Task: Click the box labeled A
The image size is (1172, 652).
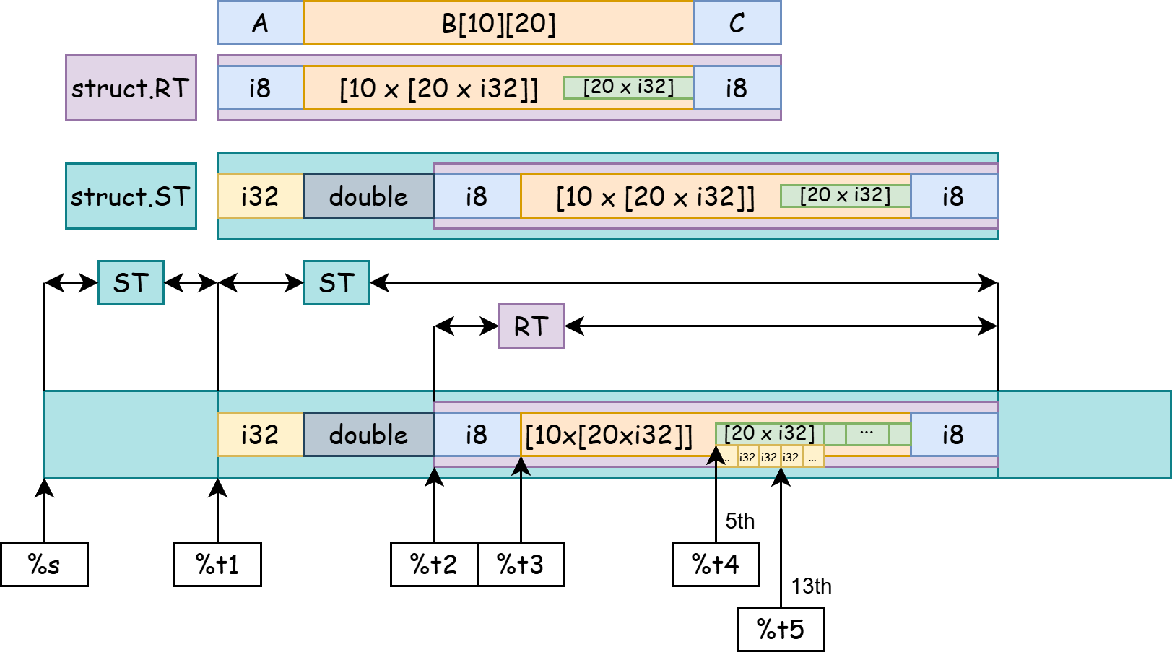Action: pyautogui.click(x=260, y=23)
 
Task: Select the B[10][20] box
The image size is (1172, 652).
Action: pyautogui.click(x=498, y=23)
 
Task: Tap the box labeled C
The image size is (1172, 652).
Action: pyautogui.click(x=737, y=23)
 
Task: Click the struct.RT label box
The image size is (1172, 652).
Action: pyautogui.click(x=131, y=88)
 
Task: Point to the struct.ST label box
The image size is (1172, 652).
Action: pyautogui.click(x=131, y=196)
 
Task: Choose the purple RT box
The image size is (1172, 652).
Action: pyautogui.click(x=531, y=326)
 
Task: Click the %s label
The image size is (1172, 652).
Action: pyautogui.click(x=44, y=564)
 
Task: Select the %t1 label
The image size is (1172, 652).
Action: pyautogui.click(x=217, y=564)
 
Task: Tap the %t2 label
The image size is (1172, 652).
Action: pyautogui.click(x=433, y=564)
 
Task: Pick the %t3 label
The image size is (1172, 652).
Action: pyautogui.click(x=520, y=564)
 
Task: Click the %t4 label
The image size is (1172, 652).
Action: pyautogui.click(x=716, y=564)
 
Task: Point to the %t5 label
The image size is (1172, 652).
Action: pyautogui.click(x=781, y=629)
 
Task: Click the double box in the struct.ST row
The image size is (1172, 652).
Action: pyautogui.click(x=368, y=196)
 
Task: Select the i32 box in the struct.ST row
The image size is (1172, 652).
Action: pyautogui.click(x=260, y=196)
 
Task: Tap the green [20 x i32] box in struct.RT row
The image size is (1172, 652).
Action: pyautogui.click(x=628, y=87)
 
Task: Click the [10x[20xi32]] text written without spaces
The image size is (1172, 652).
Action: pyautogui.click(x=609, y=435)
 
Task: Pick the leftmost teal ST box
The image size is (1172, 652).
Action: pyautogui.click(x=131, y=283)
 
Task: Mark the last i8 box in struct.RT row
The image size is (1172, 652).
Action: pyautogui.click(x=737, y=88)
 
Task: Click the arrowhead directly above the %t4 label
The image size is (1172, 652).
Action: pyautogui.click(x=716, y=456)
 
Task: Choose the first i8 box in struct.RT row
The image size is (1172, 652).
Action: pyautogui.click(x=260, y=88)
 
